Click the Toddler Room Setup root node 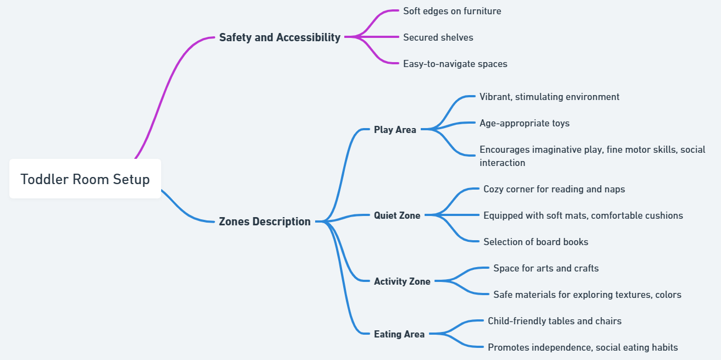coord(85,179)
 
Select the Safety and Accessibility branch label coord(279,37)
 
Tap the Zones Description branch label coord(265,221)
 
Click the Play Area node coord(395,130)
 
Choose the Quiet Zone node coord(397,215)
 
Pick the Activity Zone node coord(402,281)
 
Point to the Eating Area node coord(399,334)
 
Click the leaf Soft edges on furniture coord(452,11)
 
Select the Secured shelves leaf coord(438,37)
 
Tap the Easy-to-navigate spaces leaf coord(455,64)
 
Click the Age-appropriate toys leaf coord(524,123)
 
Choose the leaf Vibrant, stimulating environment coord(549,97)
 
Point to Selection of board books coord(536,242)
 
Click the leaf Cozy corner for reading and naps coord(554,189)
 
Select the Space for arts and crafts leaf coord(546,268)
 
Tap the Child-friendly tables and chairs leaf coord(554,321)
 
